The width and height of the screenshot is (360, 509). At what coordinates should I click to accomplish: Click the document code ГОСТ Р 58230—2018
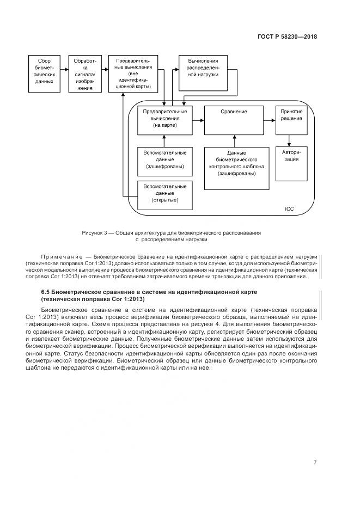point(286,37)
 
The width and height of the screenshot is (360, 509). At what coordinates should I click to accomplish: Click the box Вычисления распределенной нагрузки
point(203,72)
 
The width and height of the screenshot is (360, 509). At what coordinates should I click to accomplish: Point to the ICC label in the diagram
point(289,208)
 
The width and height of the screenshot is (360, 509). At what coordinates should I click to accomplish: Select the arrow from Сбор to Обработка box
point(63,71)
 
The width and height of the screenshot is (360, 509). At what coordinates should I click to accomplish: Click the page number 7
point(315,462)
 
